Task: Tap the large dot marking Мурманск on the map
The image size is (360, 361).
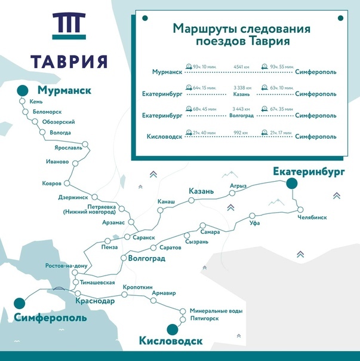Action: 23,90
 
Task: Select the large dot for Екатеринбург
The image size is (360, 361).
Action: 291,184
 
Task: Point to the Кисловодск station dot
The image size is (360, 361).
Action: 172,328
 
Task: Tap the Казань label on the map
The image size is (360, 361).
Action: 201,191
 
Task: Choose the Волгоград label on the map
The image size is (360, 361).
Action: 146,259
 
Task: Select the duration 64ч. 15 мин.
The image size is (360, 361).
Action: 205,88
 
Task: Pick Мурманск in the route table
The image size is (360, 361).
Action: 167,72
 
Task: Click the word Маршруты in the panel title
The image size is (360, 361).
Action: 200,29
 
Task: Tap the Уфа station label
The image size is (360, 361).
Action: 254,223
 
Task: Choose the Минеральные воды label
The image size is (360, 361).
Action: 216,311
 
